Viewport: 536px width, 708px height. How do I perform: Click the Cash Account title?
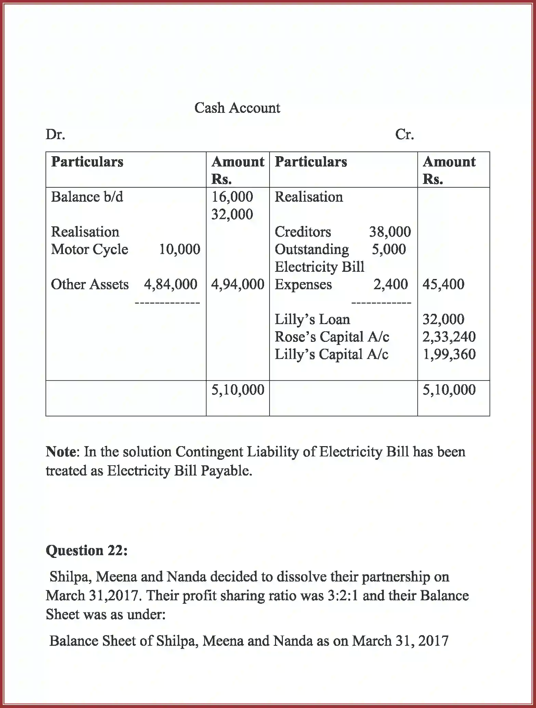[237, 108]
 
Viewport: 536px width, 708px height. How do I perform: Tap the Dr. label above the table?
[55, 135]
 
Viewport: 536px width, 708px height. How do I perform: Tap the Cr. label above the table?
[404, 135]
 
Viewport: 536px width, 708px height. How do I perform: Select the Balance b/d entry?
[87, 197]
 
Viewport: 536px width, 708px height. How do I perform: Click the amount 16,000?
[232, 197]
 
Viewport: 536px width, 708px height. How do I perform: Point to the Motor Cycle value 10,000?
[180, 249]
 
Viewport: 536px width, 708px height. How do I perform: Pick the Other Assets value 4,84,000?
[170, 284]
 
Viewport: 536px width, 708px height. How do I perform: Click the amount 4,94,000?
[238, 284]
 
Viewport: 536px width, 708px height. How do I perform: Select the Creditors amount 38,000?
[390, 232]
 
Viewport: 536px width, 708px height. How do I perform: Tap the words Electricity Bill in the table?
[319, 267]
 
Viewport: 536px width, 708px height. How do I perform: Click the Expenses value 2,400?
[390, 284]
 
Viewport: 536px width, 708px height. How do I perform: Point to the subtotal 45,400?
[443, 284]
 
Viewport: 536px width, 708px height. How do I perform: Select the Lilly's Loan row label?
[312, 319]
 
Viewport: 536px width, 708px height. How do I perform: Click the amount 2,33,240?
[449, 337]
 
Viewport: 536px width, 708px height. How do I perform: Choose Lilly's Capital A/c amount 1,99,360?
[449, 354]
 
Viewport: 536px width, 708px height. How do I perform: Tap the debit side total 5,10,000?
[238, 390]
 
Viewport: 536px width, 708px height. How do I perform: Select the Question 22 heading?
[87, 550]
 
